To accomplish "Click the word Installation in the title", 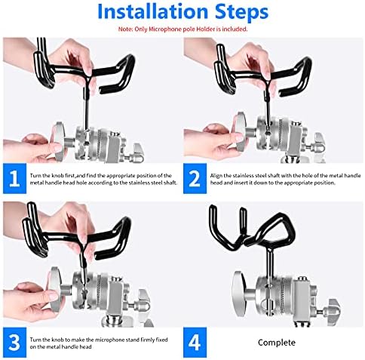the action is click(152, 11).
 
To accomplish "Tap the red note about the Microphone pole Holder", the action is click(182, 29).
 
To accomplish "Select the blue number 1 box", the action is click(14, 178).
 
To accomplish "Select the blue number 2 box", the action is click(195, 178).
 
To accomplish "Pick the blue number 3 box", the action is click(14, 343).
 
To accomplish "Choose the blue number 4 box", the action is click(195, 343).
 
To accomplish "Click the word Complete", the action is click(277, 343).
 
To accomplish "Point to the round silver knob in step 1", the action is click(58, 141).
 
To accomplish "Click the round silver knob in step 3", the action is click(57, 288).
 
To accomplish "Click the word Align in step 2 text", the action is click(216, 176).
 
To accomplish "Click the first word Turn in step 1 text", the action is click(35, 176).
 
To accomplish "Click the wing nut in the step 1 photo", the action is click(137, 153).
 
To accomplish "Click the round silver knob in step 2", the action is click(239, 133).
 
